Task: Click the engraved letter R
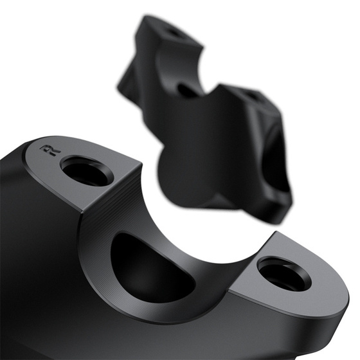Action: pos(51,150)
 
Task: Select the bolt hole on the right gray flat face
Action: pos(284,274)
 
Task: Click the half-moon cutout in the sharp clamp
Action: pos(149,269)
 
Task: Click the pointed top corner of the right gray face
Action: pos(277,232)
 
